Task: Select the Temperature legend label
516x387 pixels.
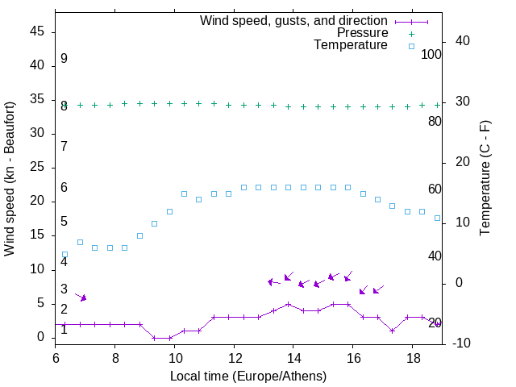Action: pos(351,45)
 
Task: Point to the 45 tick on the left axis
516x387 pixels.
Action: pos(37,32)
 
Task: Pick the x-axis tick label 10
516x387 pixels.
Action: pos(175,357)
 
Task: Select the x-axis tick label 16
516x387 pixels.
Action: pos(353,357)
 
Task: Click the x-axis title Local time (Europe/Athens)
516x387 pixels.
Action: pos(248,376)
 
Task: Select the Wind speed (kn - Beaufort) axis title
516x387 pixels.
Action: pos(10,179)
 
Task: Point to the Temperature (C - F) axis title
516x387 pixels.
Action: pos(485,178)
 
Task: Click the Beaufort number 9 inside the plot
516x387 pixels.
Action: pos(64,59)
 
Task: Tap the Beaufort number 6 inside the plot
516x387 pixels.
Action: pos(64,188)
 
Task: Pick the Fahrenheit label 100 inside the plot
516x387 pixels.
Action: pos(431,54)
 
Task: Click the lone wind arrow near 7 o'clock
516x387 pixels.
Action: pos(81,297)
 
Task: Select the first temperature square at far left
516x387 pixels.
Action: pos(65,254)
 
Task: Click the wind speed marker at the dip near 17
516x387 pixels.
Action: pos(392,330)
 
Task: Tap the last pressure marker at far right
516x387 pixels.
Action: pos(437,105)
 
